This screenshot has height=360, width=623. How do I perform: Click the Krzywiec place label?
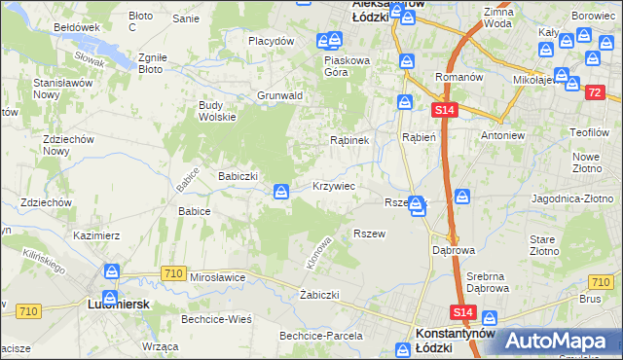pos(333,185)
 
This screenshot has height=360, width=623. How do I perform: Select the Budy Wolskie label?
pos(217,110)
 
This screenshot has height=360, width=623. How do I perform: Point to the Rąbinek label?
pos(348,140)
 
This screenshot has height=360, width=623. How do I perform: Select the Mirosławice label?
pos(218,277)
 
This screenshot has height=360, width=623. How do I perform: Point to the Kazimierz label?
pos(96,235)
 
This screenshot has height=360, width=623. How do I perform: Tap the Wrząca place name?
pos(160,346)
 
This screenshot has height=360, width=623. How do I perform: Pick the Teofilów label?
pos(590,131)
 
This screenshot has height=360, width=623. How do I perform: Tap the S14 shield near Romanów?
pos(444,112)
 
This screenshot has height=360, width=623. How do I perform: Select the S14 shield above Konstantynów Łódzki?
pos(463,311)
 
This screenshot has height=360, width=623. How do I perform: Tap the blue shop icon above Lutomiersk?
pos(113,273)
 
